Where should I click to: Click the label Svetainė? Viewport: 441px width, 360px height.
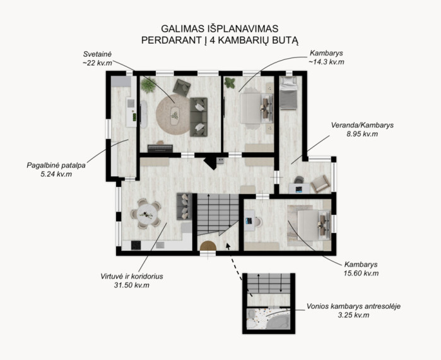pos(97,54)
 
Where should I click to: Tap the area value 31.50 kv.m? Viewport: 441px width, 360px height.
pos(132,285)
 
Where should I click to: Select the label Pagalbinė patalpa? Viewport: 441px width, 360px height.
pos(56,165)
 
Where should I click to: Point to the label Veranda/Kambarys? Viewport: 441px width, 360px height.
pos(362,125)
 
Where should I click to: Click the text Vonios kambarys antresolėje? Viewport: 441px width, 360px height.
pos(353,306)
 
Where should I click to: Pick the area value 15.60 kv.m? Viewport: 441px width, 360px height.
pos(361,273)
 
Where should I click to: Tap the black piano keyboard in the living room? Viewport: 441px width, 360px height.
pos(160,148)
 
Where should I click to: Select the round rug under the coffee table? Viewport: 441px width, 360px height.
pos(173,114)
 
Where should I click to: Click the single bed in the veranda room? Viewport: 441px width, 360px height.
pos(288,93)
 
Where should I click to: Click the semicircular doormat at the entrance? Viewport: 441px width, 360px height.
pos(208,246)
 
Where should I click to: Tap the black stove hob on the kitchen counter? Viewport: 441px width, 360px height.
pos(136,245)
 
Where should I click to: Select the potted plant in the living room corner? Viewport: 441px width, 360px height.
pos(148,85)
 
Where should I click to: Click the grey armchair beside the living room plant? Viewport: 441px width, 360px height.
pos(182,87)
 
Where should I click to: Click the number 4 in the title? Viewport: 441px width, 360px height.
pos(213,40)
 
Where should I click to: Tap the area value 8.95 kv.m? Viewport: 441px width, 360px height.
pos(362,134)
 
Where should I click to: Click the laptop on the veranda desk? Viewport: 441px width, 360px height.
pos(299,189)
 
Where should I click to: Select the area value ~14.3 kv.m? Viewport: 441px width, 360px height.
pos(326,62)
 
